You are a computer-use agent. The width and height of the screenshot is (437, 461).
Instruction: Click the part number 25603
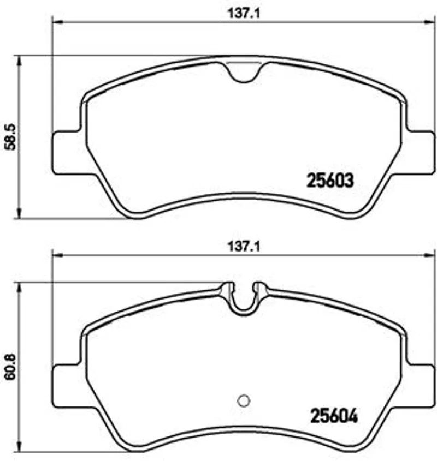[330, 180]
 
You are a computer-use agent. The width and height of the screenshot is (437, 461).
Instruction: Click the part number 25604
[334, 416]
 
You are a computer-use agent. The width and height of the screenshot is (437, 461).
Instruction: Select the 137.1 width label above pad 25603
[244, 14]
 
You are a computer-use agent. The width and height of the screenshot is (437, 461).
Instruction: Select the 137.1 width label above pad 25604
[244, 247]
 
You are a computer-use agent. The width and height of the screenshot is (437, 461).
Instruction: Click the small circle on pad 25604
[244, 400]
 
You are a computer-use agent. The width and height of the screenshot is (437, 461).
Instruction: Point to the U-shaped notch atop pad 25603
[244, 73]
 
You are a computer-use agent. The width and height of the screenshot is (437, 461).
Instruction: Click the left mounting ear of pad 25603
[66, 153]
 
